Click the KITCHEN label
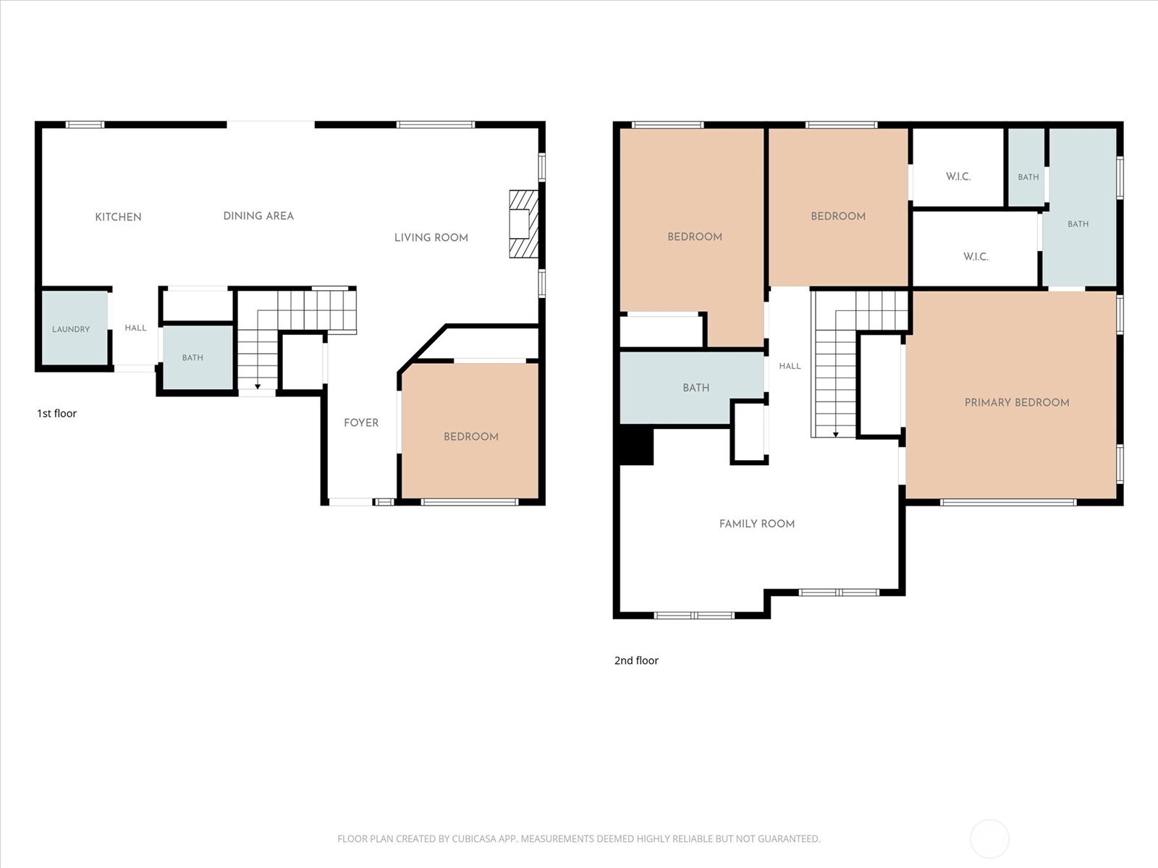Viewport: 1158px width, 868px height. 118,217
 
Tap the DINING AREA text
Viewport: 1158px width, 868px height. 258,216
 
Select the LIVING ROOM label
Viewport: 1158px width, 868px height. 431,238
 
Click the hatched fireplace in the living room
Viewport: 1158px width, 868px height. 523,224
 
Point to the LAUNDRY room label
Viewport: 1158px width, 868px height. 71,329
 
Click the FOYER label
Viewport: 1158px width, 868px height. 361,422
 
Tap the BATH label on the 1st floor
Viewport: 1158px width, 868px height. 193,358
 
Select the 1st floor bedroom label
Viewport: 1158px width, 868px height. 471,437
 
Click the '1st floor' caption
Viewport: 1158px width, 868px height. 57,414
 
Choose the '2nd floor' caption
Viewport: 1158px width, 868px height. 637,661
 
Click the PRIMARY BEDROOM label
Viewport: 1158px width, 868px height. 1017,403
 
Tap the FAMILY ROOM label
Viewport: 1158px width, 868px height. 757,524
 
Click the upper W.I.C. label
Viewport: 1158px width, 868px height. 958,176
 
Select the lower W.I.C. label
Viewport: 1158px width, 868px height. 976,257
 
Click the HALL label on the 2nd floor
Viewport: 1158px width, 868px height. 790,366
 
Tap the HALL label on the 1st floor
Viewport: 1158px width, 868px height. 135,328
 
